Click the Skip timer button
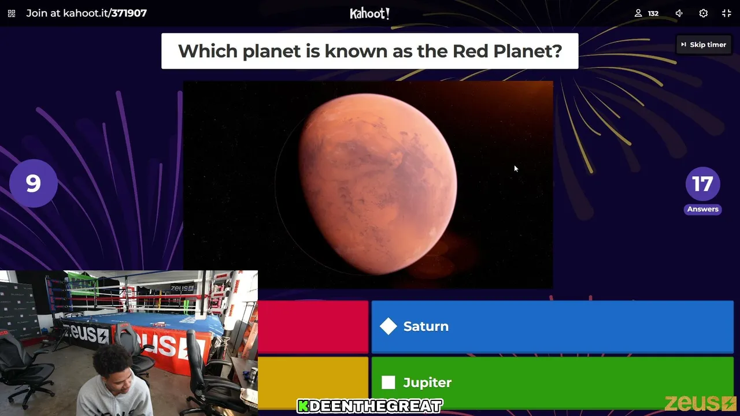704,44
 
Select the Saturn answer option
552,326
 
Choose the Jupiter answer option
552,382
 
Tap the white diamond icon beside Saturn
388,326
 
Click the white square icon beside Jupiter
388,382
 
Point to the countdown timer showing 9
34,183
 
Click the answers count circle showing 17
702,184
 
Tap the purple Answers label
702,209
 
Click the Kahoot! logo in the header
369,13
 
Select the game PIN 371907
129,13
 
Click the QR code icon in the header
12,13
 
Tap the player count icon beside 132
638,13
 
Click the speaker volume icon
679,13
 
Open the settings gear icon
704,13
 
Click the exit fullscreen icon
727,13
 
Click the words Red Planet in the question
507,51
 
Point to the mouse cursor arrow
516,169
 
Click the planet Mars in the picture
378,184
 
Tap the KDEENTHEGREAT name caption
369,406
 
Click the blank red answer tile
313,326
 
